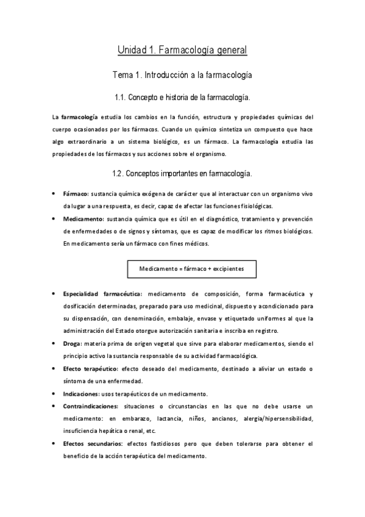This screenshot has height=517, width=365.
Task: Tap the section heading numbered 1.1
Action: (182, 97)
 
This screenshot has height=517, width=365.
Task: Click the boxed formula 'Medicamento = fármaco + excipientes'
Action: (182, 268)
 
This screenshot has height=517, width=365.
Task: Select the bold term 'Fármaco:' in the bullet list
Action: (76, 194)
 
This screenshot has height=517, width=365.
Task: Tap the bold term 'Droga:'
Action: (74, 344)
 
